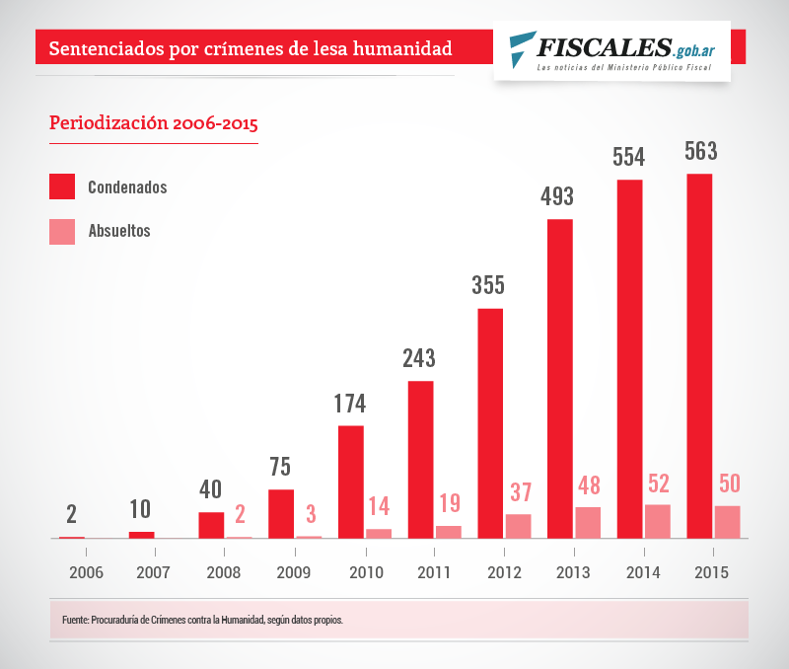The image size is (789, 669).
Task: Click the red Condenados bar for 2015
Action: click(x=699, y=355)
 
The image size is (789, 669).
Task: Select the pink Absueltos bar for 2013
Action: click(x=588, y=522)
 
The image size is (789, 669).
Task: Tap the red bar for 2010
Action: click(x=350, y=482)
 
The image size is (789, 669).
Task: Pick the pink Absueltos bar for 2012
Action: click(x=518, y=526)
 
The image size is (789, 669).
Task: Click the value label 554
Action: click(x=629, y=157)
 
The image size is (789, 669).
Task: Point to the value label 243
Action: click(x=419, y=357)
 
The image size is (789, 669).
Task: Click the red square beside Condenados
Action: click(x=62, y=186)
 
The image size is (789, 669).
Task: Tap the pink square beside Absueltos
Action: click(x=62, y=231)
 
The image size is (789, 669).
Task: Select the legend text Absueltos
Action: click(x=118, y=231)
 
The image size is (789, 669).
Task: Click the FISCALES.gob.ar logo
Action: click(x=612, y=49)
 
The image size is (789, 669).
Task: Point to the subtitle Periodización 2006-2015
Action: click(x=153, y=124)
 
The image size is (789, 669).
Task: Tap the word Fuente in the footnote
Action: click(x=74, y=621)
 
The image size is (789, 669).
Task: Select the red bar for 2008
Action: click(x=211, y=525)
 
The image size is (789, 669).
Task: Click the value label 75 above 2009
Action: click(x=280, y=467)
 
